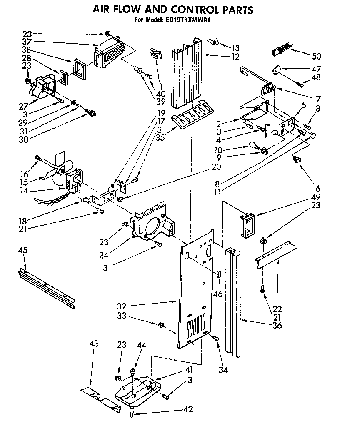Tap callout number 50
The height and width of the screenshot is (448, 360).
pos(317,56)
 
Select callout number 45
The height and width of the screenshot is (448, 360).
pos(23,250)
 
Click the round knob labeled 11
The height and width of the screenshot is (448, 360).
pos(313,134)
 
